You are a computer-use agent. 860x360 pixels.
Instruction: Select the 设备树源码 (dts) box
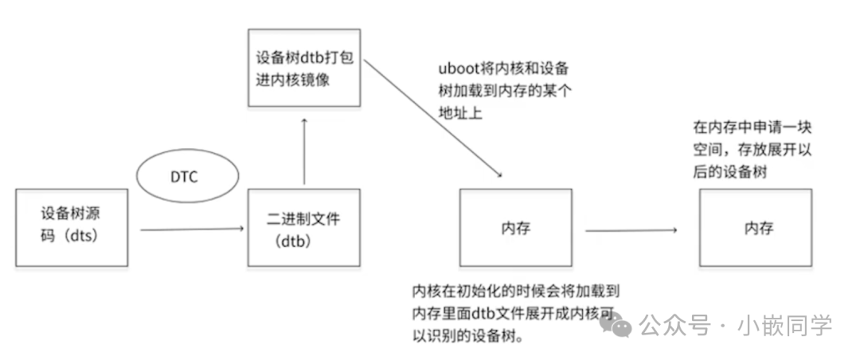72,228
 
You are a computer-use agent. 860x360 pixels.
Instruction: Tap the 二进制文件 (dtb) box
304,228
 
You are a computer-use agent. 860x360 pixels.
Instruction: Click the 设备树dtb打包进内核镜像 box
304,68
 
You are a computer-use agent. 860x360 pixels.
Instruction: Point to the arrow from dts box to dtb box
191,230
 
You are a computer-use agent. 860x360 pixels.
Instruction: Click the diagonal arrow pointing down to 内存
434,123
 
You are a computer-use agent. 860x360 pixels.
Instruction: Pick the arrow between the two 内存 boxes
631,231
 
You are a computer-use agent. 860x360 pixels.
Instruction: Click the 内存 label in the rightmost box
758,229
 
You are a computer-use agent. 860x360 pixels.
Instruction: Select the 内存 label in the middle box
516,229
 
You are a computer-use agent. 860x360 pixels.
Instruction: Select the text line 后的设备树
730,172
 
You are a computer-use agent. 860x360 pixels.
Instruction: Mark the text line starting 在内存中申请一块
752,127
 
